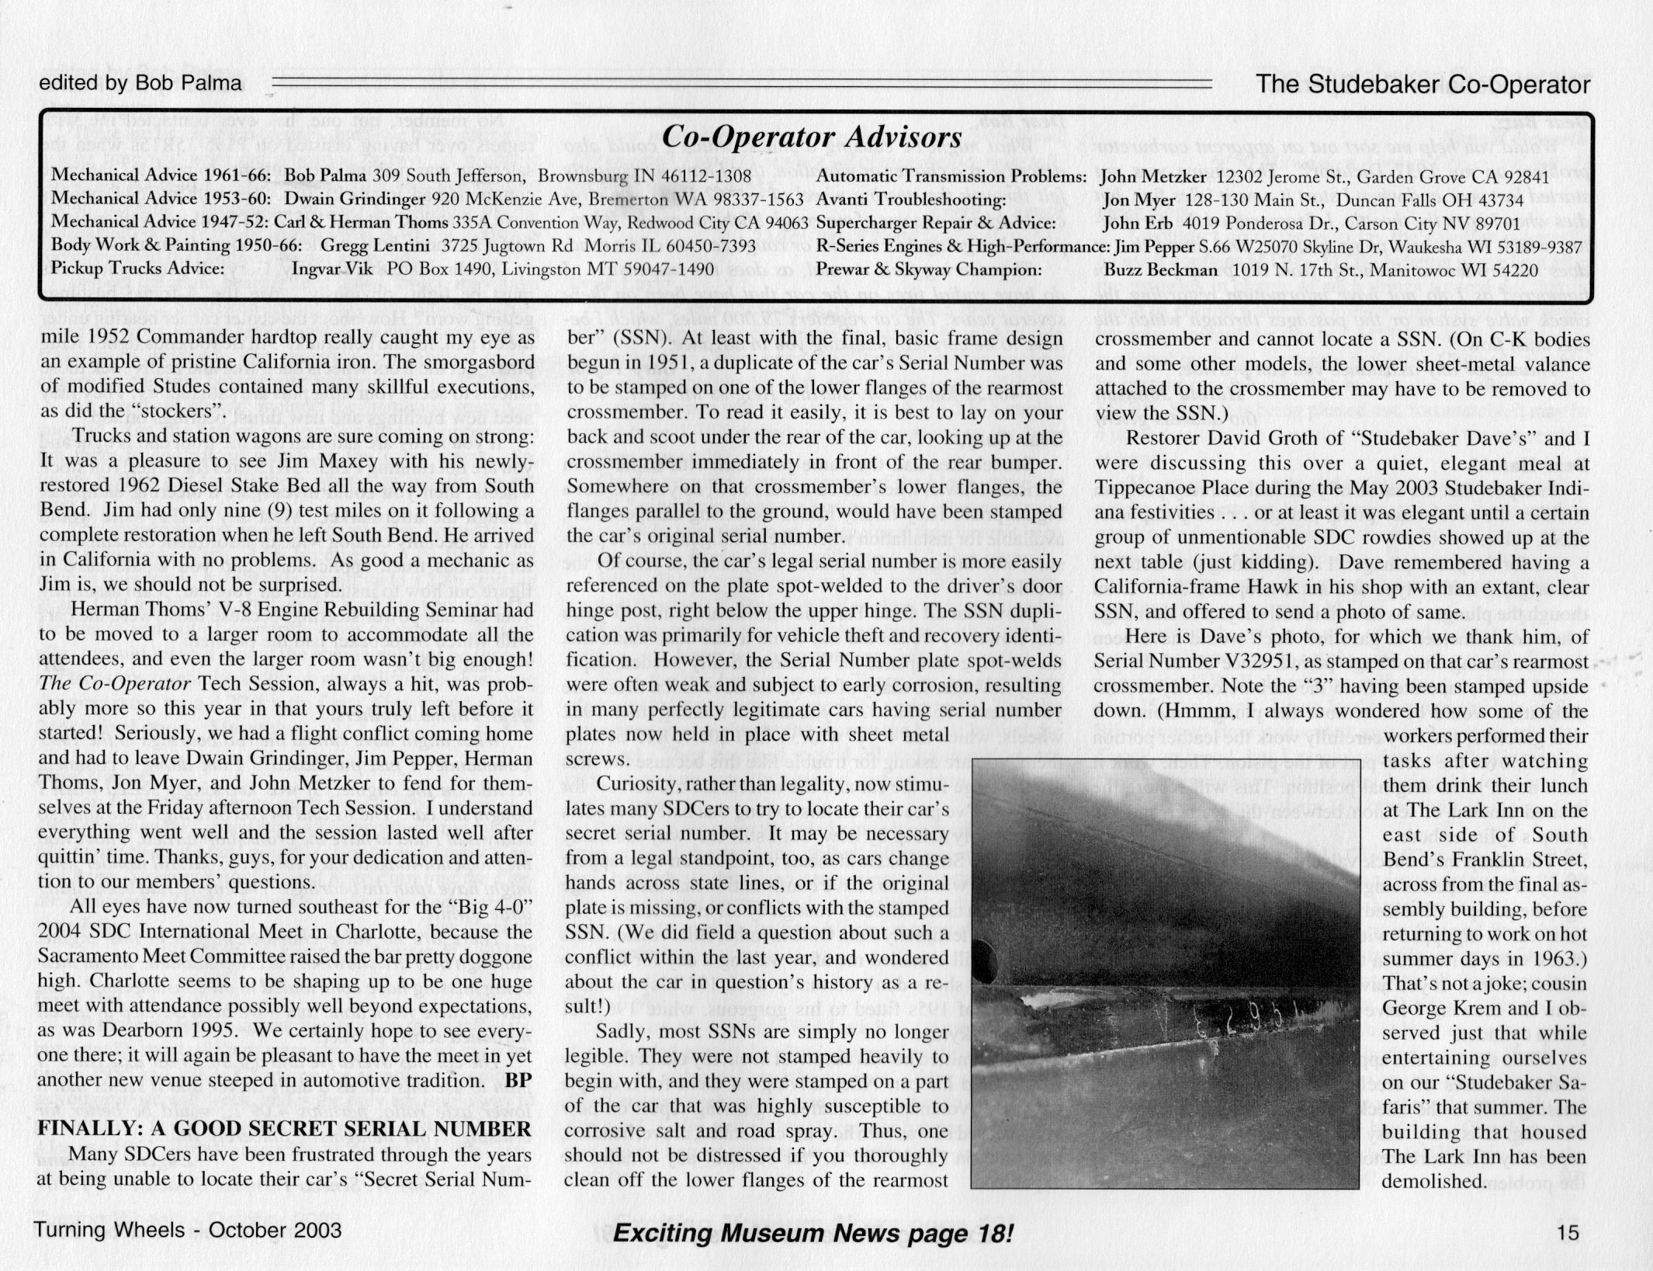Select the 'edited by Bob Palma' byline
coord(140,84)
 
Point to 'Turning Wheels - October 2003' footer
coord(187,1231)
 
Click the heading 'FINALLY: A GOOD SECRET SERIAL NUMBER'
coord(285,1129)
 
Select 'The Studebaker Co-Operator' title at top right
coord(1423,85)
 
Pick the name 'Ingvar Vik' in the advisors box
coord(335,269)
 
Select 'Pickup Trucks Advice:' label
coord(137,269)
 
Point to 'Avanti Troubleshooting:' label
coord(911,200)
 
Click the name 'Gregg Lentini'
coord(376,246)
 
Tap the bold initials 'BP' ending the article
coord(518,1081)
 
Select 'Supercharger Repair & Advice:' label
coord(936,223)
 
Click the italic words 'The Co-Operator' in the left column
coord(114,685)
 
